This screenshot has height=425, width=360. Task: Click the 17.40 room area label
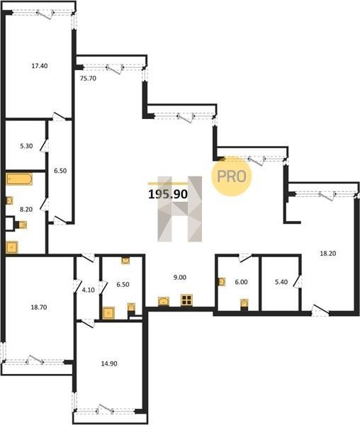point(40,66)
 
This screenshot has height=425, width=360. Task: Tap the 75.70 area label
point(88,79)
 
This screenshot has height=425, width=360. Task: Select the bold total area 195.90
point(168,194)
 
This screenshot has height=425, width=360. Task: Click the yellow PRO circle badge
point(232,176)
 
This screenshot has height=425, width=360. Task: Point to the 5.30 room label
point(26,146)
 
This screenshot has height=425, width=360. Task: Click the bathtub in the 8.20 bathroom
point(19,179)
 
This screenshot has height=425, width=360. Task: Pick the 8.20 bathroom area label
point(26,209)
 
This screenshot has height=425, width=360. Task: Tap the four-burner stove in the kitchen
point(187,300)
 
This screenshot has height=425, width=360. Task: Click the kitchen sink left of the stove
point(164,302)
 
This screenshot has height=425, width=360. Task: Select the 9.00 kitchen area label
point(180,277)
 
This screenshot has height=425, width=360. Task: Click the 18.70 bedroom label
point(39,307)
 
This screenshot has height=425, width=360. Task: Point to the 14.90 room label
point(109,363)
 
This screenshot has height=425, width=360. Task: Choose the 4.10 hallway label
point(88,290)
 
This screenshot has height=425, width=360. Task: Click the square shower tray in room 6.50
point(108,313)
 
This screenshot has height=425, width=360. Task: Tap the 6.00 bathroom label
point(241,282)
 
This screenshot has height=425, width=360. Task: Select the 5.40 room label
point(281,282)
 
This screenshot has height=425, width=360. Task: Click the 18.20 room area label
point(328,254)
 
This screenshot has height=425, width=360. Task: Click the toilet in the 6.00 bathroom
point(244,304)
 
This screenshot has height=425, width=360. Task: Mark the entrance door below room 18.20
point(320,310)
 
